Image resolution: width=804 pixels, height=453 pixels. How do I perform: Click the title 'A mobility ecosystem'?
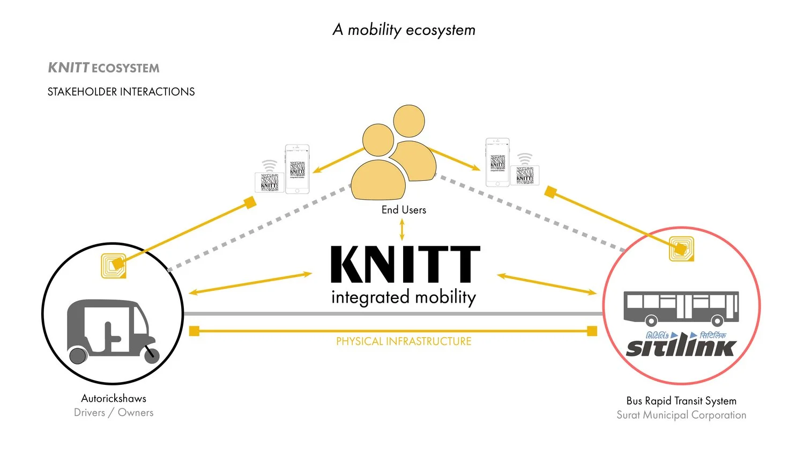tap(404, 30)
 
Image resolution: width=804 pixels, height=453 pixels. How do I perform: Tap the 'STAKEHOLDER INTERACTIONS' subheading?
tap(121, 92)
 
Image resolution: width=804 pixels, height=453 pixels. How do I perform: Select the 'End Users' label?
tap(404, 210)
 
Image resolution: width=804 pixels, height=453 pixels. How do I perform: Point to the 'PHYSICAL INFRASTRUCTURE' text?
tap(404, 341)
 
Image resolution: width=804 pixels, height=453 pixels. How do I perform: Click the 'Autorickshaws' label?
tap(114, 398)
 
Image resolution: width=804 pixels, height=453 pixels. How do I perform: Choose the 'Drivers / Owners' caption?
tap(114, 412)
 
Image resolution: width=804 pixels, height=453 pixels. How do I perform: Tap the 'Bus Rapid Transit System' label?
tap(681, 401)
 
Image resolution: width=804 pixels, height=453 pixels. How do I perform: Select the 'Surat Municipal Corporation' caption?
tap(681, 415)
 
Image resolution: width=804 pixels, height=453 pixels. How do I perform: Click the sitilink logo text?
tap(681, 347)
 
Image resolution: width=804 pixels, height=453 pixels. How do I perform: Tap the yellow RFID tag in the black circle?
tap(114, 266)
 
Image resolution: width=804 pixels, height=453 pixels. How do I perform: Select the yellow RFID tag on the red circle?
tap(681, 249)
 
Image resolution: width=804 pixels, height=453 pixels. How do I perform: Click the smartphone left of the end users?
tap(297, 169)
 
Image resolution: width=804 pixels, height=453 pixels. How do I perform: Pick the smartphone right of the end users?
tap(497, 162)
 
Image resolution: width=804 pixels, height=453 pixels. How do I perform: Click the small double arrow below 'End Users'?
tap(402, 229)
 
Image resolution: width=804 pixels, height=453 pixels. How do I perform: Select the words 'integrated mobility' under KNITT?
tap(404, 297)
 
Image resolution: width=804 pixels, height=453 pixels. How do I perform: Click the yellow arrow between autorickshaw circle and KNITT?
tap(250, 283)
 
